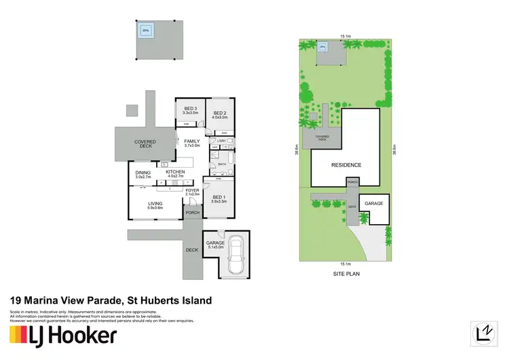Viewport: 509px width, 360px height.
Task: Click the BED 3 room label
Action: (190, 109)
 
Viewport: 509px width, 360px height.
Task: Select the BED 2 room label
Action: (219, 113)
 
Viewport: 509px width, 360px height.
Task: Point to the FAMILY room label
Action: (193, 142)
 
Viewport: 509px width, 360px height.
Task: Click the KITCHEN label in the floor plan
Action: (175, 173)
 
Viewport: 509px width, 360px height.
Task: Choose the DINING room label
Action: (143, 173)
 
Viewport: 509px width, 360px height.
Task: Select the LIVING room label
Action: (155, 204)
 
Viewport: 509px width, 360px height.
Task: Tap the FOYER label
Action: (193, 191)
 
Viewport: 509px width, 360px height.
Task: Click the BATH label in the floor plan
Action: (222, 164)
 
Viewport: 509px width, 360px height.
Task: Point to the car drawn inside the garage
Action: (238, 257)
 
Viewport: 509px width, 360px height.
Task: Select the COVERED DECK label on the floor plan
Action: (145, 143)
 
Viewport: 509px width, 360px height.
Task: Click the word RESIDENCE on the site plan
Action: (346, 165)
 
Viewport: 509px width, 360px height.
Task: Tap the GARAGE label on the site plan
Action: (374, 204)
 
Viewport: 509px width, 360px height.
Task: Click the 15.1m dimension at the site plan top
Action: (345, 36)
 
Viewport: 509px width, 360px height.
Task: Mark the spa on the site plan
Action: (323, 47)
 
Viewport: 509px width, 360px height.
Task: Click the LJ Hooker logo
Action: (62, 335)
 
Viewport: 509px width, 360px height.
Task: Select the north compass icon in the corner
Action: (484, 333)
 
